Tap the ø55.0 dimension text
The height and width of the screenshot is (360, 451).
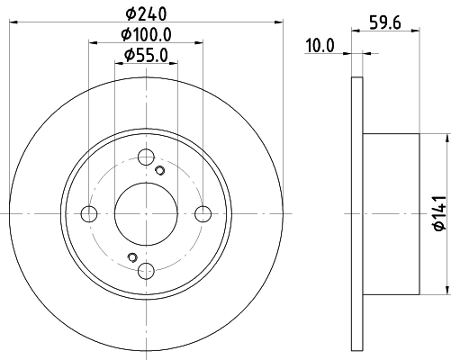(x=146, y=56)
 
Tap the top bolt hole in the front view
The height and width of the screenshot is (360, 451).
(x=146, y=157)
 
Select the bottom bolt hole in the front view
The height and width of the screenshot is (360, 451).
(x=146, y=270)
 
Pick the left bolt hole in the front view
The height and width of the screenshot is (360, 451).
(x=89, y=213)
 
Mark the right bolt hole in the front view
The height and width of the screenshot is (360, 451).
(x=203, y=213)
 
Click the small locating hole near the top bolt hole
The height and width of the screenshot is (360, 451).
(x=159, y=170)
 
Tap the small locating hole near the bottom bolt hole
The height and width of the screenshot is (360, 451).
(x=132, y=257)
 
